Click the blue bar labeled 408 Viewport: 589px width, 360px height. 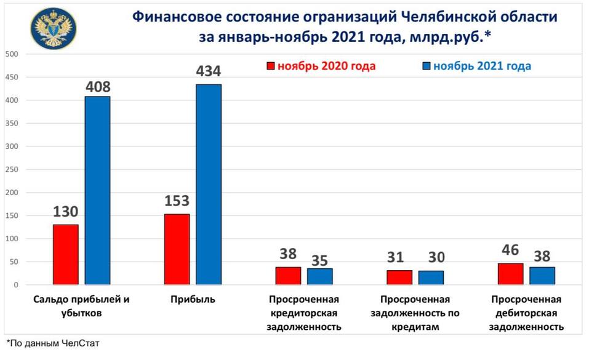pyautogui.click(x=97, y=190)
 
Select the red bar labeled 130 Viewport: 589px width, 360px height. pyautogui.click(x=65, y=254)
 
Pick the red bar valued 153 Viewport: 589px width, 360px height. pyautogui.click(x=177, y=249)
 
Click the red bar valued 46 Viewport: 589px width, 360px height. pyautogui.click(x=510, y=274)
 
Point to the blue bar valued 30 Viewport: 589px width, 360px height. pyautogui.click(x=431, y=278)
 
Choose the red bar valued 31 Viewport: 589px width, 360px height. pyautogui.click(x=399, y=277)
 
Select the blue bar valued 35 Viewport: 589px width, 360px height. pyautogui.click(x=319, y=276)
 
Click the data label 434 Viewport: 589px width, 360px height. pyautogui.click(x=207, y=72)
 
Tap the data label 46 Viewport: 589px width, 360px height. pyautogui.click(x=510, y=250)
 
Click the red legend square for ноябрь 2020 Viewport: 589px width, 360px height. pyautogui.click(x=270, y=66)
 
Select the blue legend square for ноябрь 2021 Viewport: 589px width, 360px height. pyautogui.click(x=425, y=66)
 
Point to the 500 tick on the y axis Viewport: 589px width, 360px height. pyautogui.click(x=12, y=54)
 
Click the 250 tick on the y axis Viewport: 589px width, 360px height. pyautogui.click(x=12, y=169)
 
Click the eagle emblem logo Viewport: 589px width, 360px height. pyautogui.click(x=52, y=27)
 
